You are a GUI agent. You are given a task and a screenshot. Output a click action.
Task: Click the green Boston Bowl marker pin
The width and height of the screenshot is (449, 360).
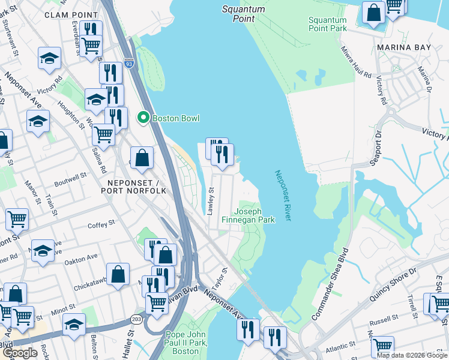143,118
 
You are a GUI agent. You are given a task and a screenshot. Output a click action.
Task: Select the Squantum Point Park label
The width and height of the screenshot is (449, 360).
327,24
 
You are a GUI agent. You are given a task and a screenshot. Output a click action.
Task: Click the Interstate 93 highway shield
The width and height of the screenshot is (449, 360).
129,62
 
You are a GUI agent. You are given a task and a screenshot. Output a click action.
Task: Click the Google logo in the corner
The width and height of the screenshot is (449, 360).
19,353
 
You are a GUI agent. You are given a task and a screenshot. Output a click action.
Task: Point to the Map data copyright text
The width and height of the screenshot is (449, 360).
412,355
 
